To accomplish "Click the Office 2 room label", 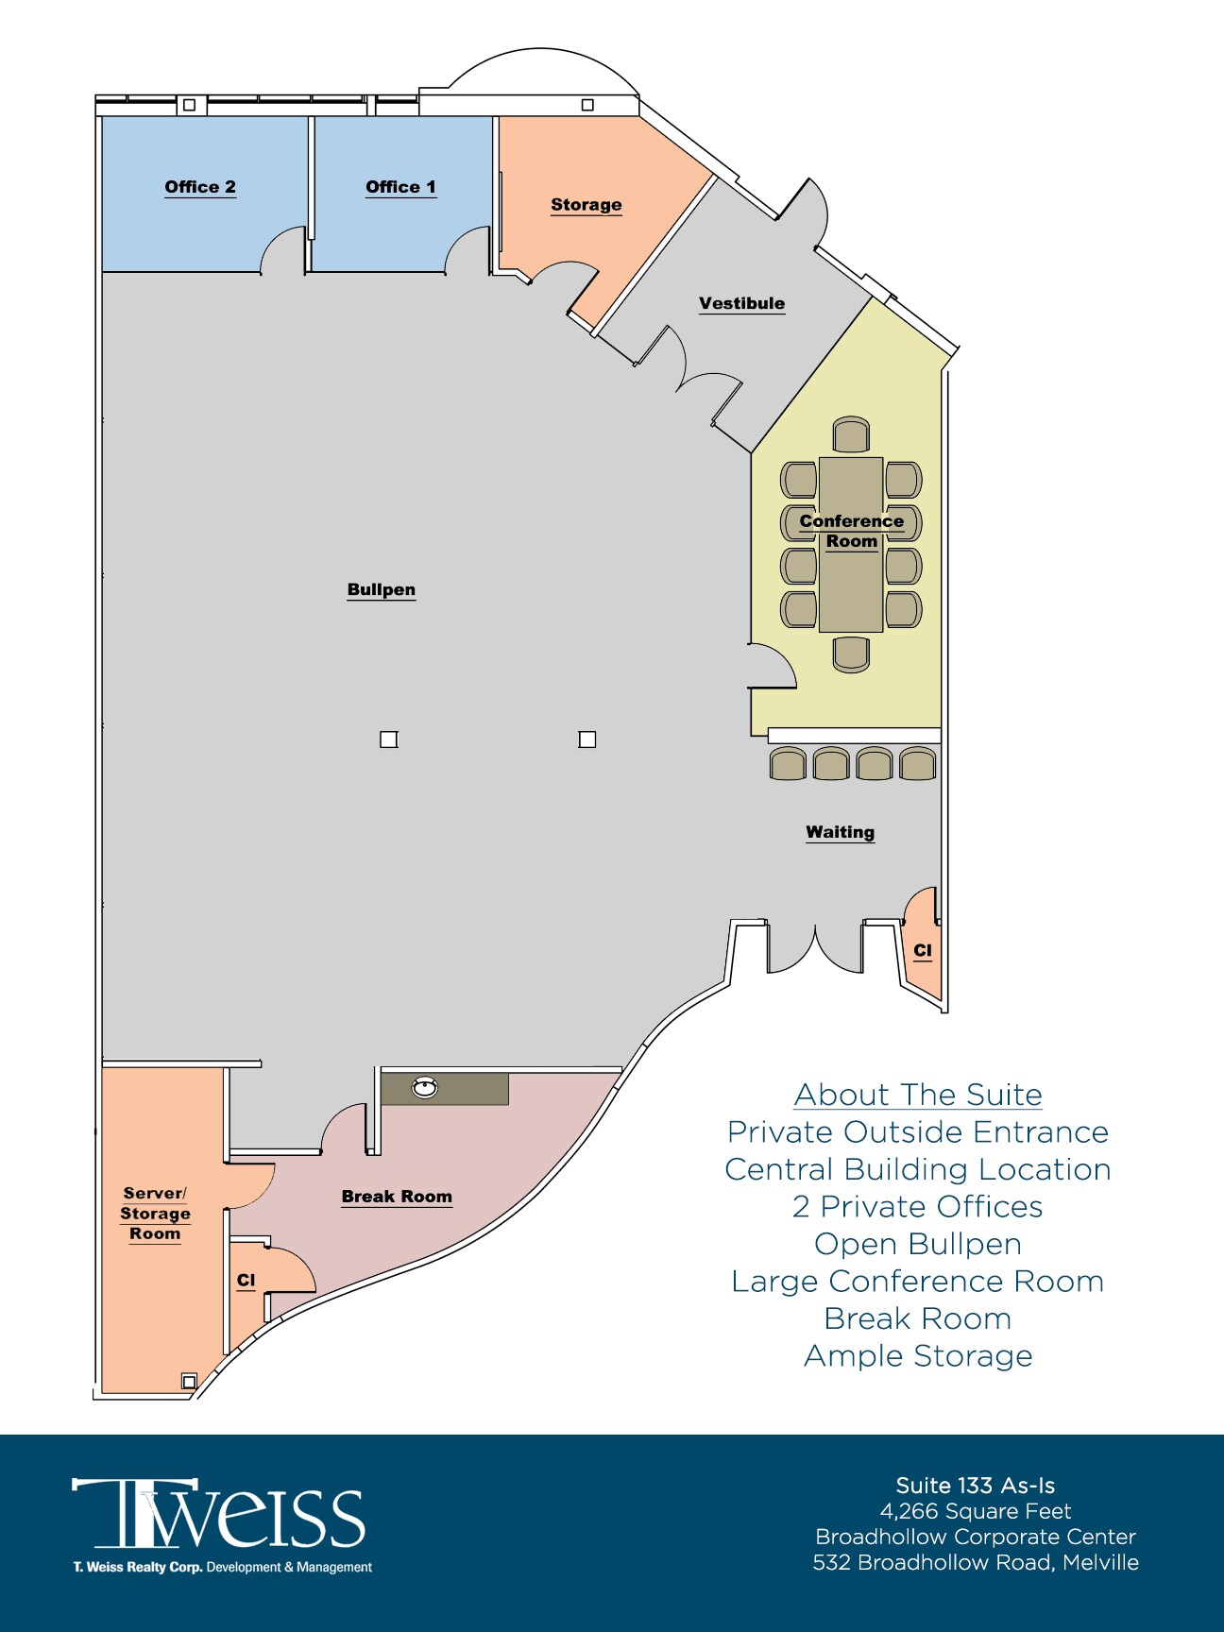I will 200,187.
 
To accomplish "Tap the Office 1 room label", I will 400,187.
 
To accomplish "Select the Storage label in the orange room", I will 586,205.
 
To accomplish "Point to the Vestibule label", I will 741,303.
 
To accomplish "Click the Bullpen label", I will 381,589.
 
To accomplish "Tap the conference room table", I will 851,586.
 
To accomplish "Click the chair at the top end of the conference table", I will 851,434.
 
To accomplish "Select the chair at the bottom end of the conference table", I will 851,654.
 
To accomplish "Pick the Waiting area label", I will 840,832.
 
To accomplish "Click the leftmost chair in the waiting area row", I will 788,763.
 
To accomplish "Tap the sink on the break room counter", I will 425,1088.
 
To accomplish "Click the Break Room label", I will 397,1197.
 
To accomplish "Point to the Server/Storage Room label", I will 155,1214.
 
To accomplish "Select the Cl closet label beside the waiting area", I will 923,950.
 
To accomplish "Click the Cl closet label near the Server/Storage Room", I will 246,1280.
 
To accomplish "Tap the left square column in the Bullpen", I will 388,739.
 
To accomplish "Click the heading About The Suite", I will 918,1095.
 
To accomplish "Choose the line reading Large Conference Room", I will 918,1282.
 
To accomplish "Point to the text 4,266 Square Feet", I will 976,1511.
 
